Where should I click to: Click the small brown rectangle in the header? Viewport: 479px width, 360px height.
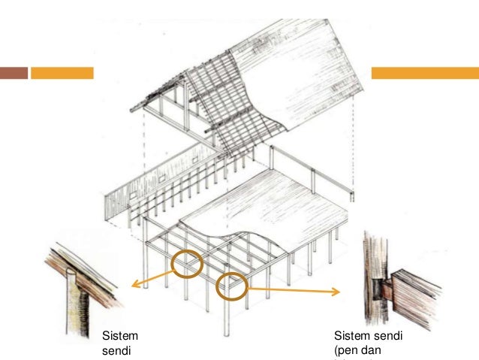tap(14, 73)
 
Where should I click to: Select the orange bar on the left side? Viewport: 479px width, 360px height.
tap(62, 73)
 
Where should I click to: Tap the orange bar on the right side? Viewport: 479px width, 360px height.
tap(425, 73)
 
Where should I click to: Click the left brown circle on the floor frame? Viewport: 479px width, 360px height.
tap(186, 264)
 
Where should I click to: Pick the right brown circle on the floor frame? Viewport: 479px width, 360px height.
tap(231, 286)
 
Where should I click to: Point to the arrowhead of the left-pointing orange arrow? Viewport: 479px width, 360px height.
tap(131, 285)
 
